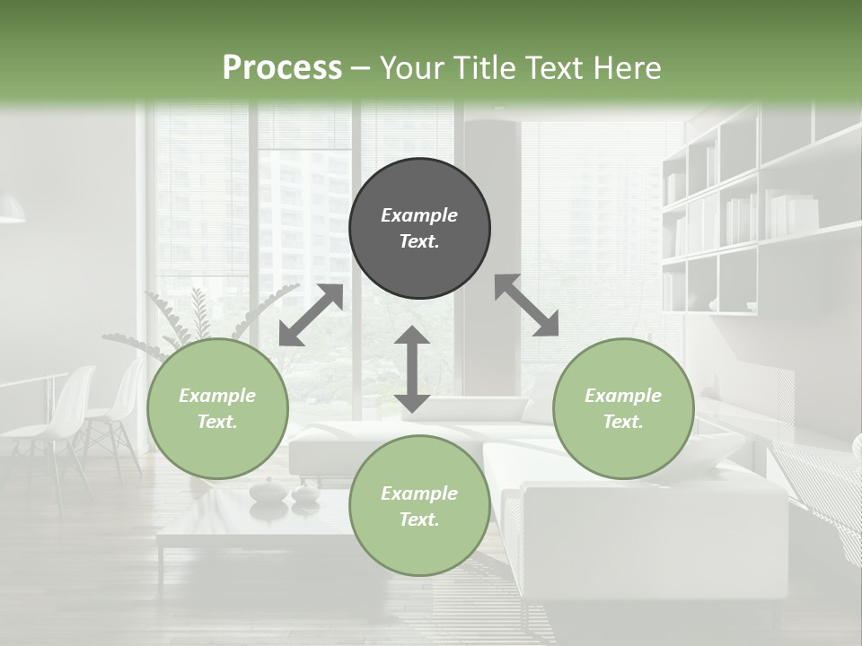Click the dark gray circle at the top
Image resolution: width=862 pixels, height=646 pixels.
419,228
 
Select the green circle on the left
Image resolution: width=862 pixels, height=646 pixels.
217,408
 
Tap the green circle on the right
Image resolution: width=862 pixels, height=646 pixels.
623,408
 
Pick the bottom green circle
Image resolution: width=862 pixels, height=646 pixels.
419,506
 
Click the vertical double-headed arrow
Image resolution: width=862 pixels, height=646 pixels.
412,370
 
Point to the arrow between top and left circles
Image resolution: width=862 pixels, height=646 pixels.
311,315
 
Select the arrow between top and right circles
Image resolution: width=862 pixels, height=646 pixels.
527,306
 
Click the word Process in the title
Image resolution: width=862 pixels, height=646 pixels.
282,67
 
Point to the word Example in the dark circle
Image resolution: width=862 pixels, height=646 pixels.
419,215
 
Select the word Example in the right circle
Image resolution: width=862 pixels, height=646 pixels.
623,396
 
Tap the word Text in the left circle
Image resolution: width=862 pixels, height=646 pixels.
216,422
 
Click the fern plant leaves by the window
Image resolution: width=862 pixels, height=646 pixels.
198,314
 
